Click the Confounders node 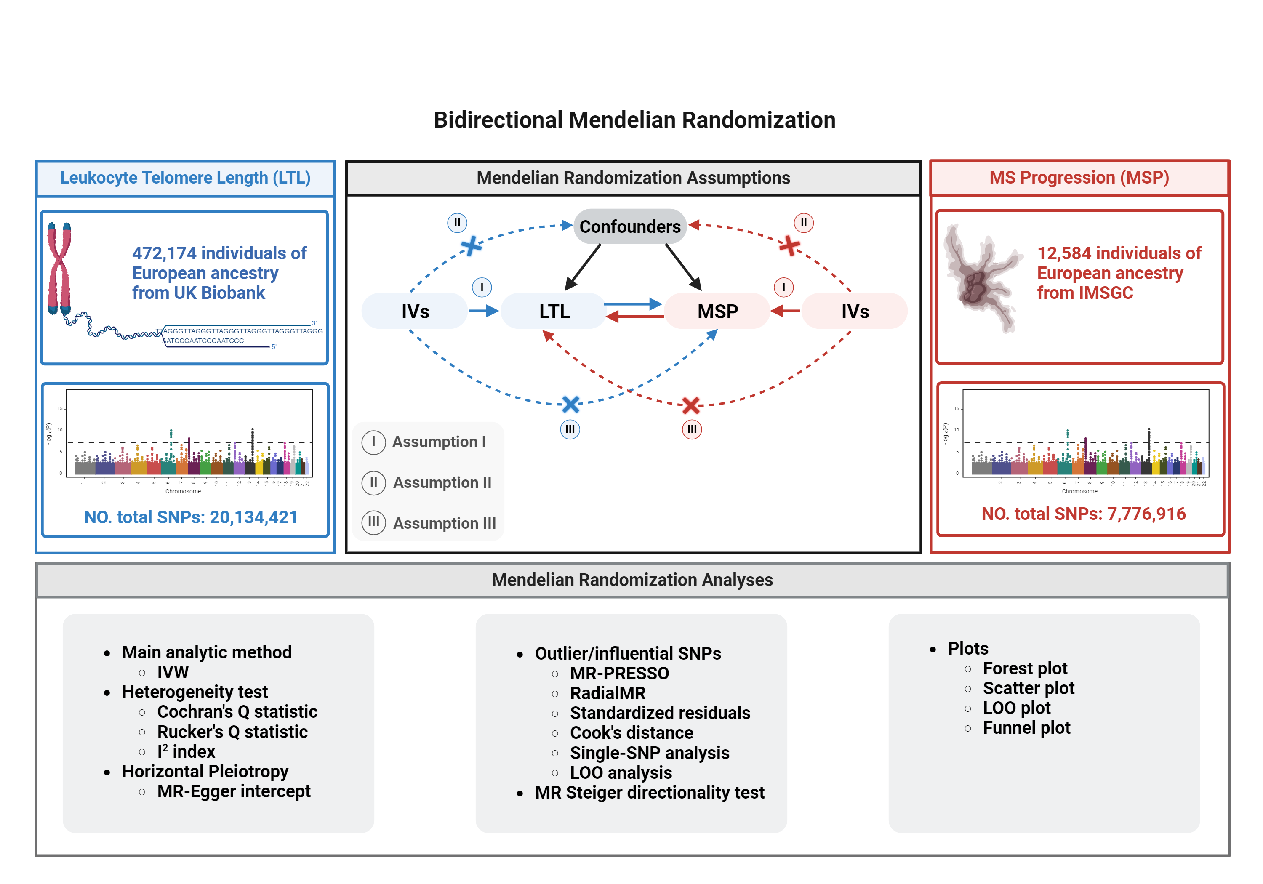630,226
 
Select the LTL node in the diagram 554,312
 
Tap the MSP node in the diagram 717,312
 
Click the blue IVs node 415,312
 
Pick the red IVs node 855,312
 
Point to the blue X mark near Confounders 471,246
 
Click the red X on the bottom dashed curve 691,405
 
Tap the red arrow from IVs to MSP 786,312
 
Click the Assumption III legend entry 429,522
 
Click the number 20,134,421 253,517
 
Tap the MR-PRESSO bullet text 619,674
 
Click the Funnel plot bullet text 1026,728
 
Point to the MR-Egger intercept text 234,791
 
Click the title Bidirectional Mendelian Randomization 634,120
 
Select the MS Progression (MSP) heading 1079,178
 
